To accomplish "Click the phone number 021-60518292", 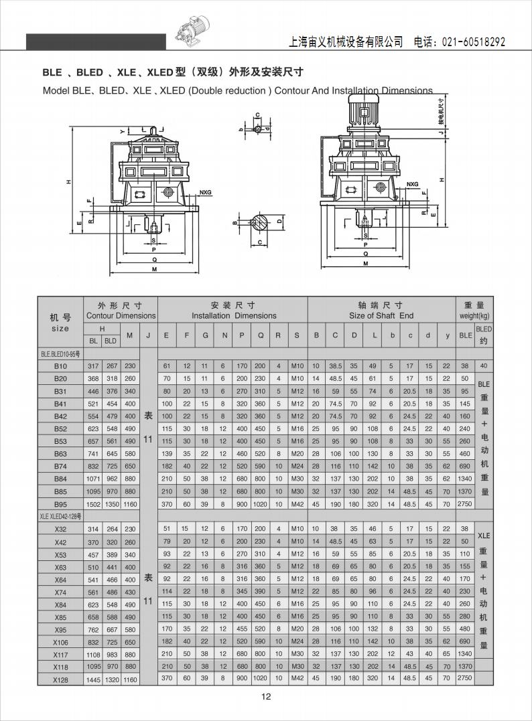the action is pos(474,42).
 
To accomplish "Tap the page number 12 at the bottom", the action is pos(266,696).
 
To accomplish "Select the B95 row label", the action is pos(60,504).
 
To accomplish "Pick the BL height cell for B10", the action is pos(93,366).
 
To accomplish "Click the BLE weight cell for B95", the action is pos(465,503).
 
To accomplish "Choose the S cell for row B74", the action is pos(297,466).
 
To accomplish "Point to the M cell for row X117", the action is pos(130,654).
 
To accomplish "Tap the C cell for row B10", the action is pos(336,366).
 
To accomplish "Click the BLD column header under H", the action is pos(111,341).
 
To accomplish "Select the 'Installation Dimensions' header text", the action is pos(234,316).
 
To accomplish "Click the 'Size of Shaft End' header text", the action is pos(381,316).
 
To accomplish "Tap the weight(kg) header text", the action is pos(474,316).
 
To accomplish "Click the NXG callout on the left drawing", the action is pos(205,191).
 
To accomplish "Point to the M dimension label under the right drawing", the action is pos(366,264).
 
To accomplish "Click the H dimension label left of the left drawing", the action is pos(68,182).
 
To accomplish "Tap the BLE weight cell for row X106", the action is pos(465,641).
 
